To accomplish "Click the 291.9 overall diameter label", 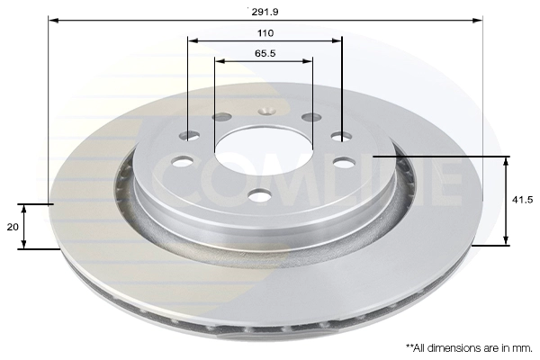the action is (x=265, y=12).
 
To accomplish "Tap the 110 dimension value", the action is (x=265, y=33).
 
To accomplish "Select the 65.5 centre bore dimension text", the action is (x=265, y=53).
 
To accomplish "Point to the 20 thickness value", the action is (x=13, y=227).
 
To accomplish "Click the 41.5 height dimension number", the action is (x=522, y=200).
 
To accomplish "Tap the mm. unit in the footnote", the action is (x=523, y=348).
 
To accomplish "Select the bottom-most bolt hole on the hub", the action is (x=259, y=195).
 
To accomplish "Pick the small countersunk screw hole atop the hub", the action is (x=266, y=111).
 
